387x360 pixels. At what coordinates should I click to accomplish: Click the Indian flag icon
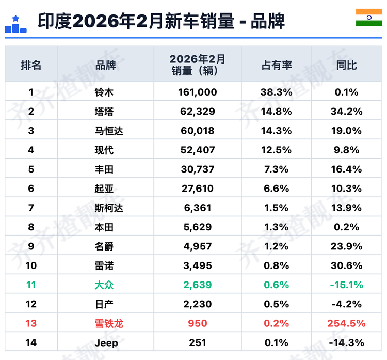pyautogui.click(x=369, y=18)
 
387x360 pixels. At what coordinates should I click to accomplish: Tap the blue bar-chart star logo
pyautogui.click(x=15, y=24)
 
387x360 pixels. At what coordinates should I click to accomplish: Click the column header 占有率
pyautogui.click(x=277, y=66)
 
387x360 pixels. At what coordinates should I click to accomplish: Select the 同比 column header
pyautogui.click(x=347, y=66)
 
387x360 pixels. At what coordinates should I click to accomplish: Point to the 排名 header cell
pyautogui.click(x=31, y=66)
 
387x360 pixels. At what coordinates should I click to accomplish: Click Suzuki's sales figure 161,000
pyautogui.click(x=198, y=92)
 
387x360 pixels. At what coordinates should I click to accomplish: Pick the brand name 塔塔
pyautogui.click(x=104, y=112)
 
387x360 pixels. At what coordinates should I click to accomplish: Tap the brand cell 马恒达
pyautogui.click(x=108, y=131)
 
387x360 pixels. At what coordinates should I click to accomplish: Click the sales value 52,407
pyautogui.click(x=198, y=150)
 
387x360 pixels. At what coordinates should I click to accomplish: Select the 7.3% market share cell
pyautogui.click(x=276, y=169)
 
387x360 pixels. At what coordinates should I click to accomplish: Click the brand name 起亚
pyautogui.click(x=104, y=189)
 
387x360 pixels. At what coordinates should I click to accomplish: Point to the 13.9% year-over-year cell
pyautogui.click(x=346, y=208)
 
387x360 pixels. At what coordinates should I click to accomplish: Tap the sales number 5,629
pyautogui.click(x=198, y=227)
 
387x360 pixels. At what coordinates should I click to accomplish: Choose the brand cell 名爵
pyautogui.click(x=104, y=246)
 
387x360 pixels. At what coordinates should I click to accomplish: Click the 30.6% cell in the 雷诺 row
pyautogui.click(x=346, y=265)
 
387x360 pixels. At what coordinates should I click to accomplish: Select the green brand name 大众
pyautogui.click(x=104, y=285)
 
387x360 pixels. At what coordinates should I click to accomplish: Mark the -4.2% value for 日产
pyautogui.click(x=346, y=304)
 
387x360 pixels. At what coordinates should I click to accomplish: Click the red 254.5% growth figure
pyautogui.click(x=346, y=323)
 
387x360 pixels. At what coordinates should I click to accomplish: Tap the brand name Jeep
pyautogui.click(x=106, y=343)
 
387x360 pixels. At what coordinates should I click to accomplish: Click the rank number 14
pyautogui.click(x=31, y=343)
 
